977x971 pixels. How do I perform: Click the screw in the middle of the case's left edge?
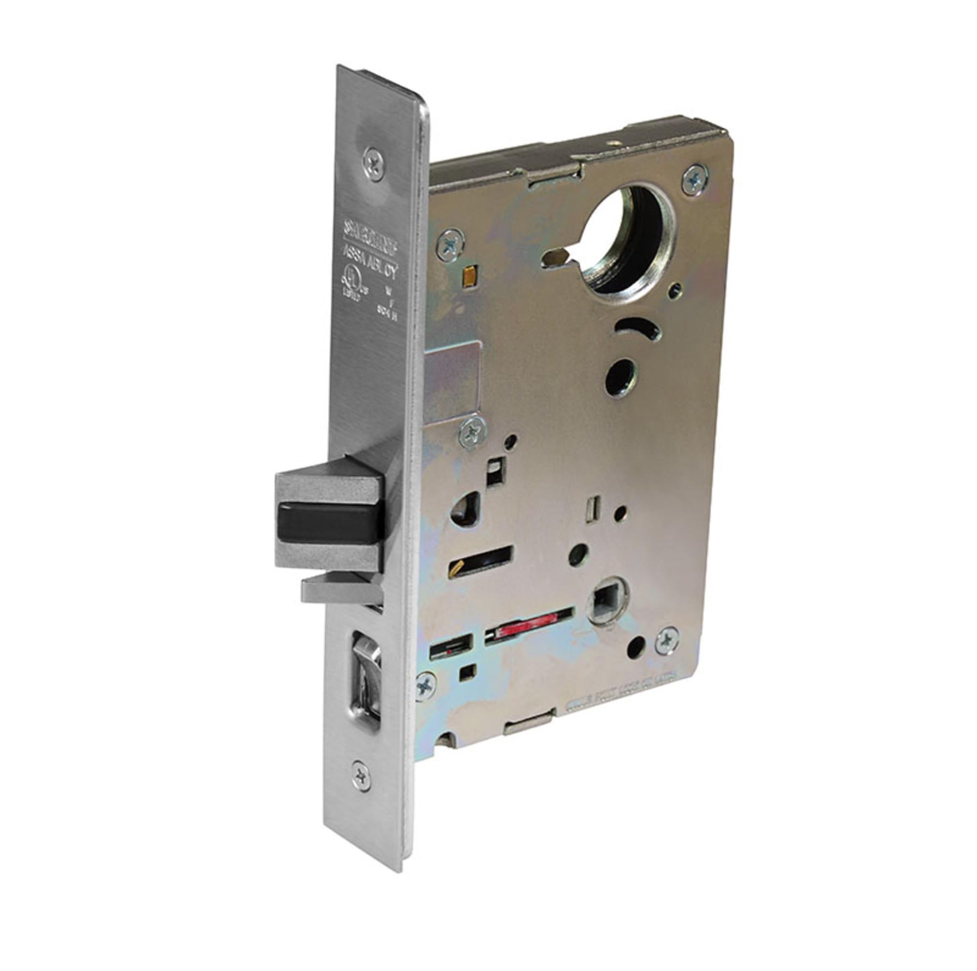pos(472,432)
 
